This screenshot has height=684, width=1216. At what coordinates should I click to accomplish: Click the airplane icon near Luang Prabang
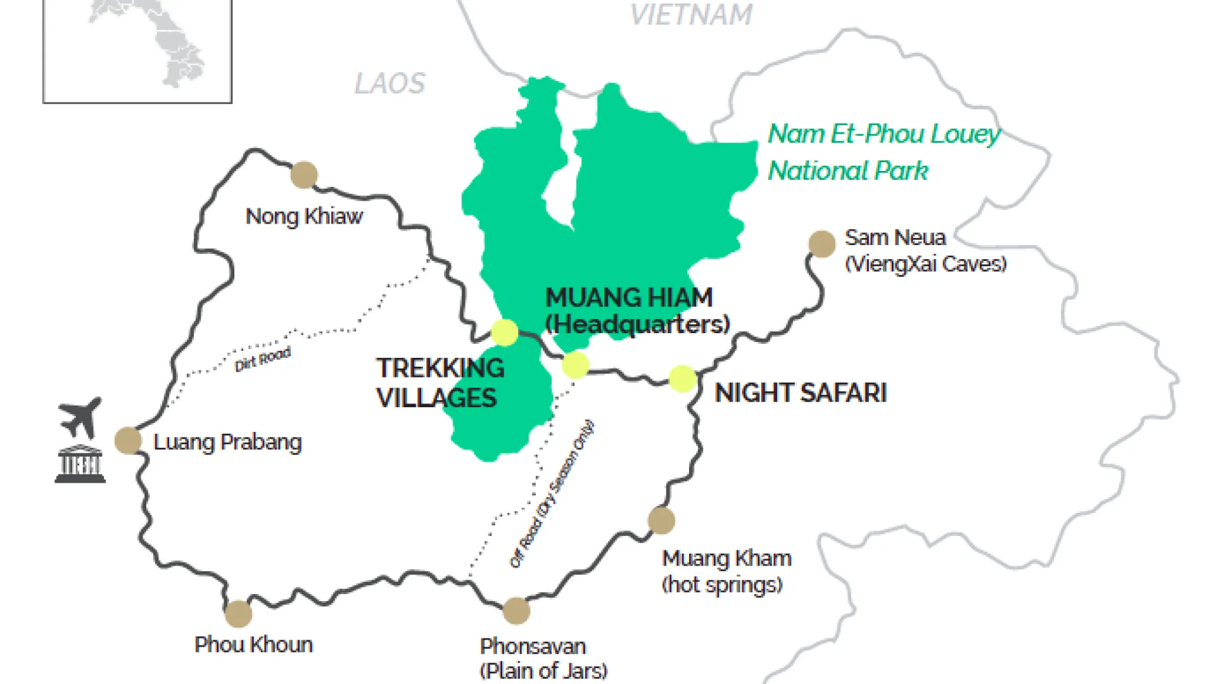coord(80,417)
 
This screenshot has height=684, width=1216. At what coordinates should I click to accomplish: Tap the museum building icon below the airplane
coord(80,464)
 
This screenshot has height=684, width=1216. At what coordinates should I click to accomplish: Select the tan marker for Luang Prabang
coord(128,440)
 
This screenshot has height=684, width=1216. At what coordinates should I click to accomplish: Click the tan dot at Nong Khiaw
coord(304,175)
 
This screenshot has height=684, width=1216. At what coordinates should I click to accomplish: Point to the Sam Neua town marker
coord(822,244)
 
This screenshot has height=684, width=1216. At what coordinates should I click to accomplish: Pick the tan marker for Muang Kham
coord(661,521)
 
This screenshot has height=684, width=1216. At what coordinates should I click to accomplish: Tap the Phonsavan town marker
coord(516,611)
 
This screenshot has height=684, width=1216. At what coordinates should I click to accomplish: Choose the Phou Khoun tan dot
coord(238,613)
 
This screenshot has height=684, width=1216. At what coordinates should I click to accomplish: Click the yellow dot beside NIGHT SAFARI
coord(683,379)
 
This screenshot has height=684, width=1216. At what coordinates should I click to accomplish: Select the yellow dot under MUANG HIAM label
coord(575,365)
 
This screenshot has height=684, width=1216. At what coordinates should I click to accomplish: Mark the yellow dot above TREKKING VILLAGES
coord(505,332)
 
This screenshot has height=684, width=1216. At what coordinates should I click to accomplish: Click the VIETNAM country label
coord(691,15)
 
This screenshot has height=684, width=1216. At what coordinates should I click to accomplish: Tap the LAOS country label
coord(389,84)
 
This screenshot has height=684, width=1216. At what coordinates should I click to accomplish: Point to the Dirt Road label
coord(262,359)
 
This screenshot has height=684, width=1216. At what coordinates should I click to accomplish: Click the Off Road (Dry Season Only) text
coord(552,494)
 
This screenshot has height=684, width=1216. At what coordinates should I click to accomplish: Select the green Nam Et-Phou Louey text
coord(883,134)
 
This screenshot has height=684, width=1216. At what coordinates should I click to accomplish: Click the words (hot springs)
coord(722,585)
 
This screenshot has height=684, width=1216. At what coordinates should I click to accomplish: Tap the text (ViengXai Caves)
coord(925,263)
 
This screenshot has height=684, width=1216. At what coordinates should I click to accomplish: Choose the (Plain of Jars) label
coord(543,670)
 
